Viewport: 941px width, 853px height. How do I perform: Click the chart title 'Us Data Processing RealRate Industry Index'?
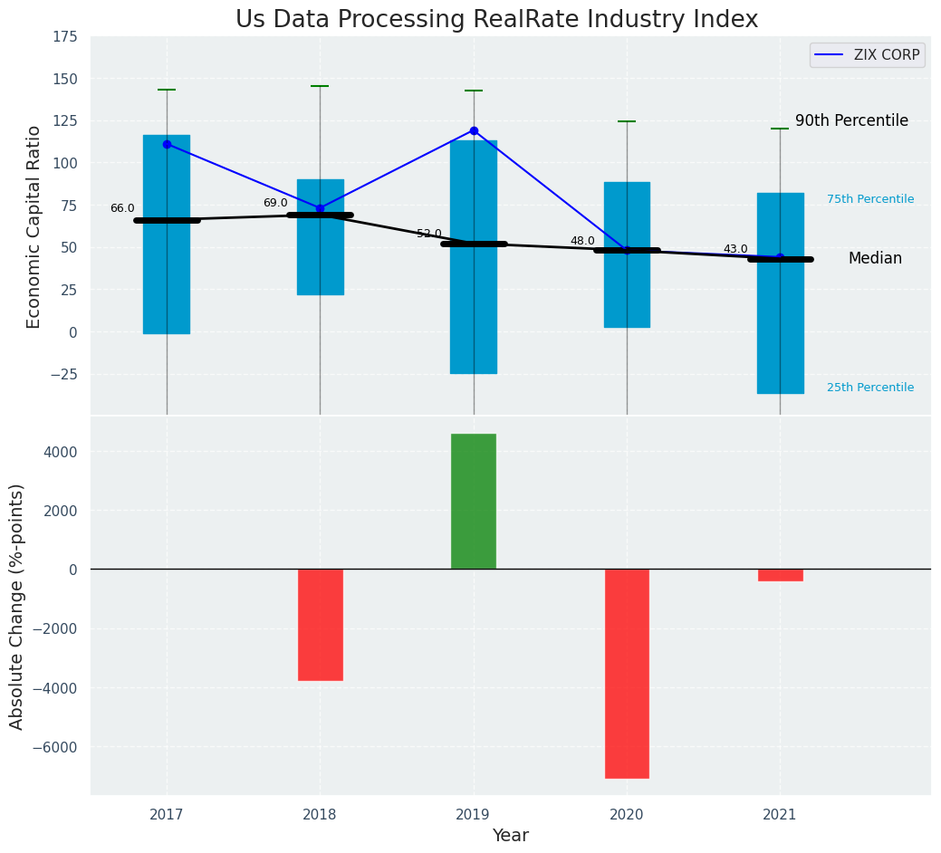click(496, 19)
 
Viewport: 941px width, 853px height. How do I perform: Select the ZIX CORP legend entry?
click(868, 55)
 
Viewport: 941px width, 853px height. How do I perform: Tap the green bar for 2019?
click(474, 501)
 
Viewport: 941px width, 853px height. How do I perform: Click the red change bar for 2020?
click(627, 673)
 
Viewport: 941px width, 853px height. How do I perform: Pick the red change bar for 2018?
click(320, 624)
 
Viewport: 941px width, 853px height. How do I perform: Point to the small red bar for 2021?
click(780, 575)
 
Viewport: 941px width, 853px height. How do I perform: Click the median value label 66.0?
click(122, 208)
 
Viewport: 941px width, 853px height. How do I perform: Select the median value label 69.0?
click(275, 203)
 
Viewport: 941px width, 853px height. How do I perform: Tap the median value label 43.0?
click(735, 249)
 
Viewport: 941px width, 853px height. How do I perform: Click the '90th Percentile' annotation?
click(851, 120)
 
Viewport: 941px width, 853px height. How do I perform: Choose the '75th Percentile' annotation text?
click(870, 199)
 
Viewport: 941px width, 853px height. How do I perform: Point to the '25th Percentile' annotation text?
click(870, 388)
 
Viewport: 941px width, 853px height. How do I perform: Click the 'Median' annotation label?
click(875, 258)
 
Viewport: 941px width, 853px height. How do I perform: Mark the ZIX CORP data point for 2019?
click(474, 130)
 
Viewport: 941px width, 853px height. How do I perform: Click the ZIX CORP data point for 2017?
click(167, 144)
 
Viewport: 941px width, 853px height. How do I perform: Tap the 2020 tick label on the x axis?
click(627, 814)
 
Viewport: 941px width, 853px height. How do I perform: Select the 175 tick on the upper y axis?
click(64, 37)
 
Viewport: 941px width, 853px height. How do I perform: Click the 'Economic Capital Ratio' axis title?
click(34, 226)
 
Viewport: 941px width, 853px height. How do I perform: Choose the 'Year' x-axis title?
click(510, 836)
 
